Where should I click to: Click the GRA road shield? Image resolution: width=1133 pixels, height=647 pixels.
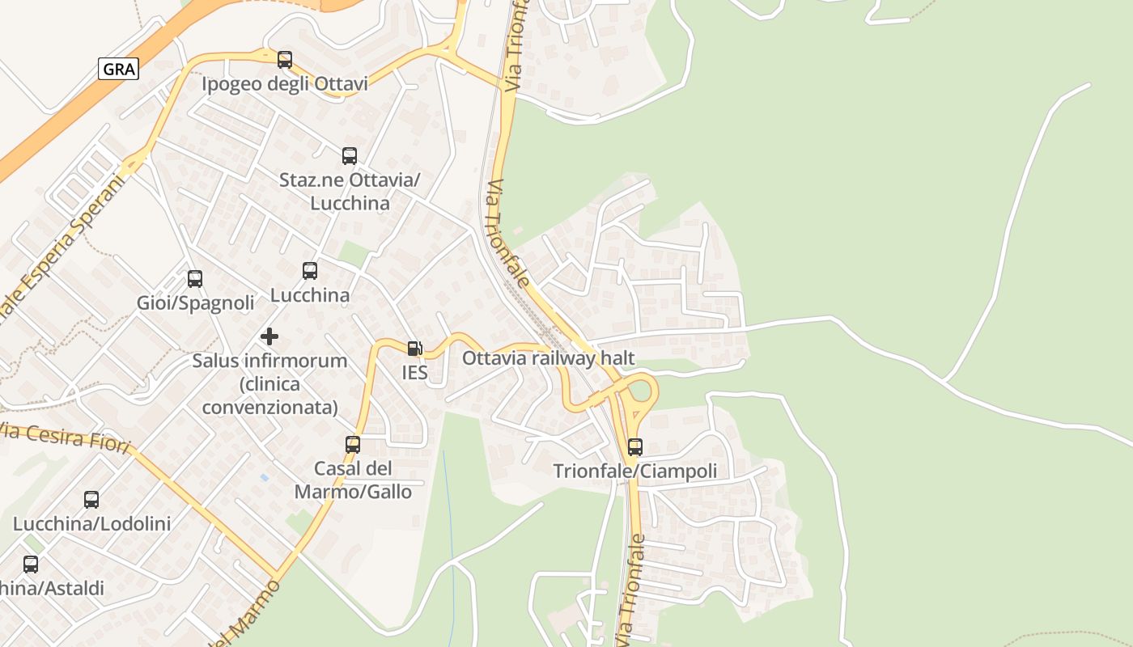pyautogui.click(x=119, y=69)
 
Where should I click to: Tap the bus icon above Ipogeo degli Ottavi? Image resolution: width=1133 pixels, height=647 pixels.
pyautogui.click(x=285, y=60)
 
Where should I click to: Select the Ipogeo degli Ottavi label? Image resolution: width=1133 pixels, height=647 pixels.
pyautogui.click(x=285, y=84)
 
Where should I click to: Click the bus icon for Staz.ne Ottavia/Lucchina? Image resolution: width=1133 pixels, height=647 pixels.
pyautogui.click(x=350, y=156)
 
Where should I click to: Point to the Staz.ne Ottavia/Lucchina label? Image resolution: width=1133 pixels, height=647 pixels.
pyautogui.click(x=350, y=191)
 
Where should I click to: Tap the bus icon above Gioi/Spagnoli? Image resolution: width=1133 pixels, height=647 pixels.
pyautogui.click(x=195, y=279)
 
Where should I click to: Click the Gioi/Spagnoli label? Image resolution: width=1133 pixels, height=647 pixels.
pyautogui.click(x=195, y=303)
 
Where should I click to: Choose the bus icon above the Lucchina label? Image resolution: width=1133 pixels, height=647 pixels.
pyautogui.click(x=310, y=271)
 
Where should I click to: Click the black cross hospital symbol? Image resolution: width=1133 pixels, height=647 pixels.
pyautogui.click(x=269, y=336)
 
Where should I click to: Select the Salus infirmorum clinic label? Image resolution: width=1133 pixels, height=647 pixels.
pyautogui.click(x=269, y=383)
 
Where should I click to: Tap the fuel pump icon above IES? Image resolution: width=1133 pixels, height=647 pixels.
pyautogui.click(x=414, y=349)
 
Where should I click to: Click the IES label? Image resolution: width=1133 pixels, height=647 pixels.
pyautogui.click(x=414, y=373)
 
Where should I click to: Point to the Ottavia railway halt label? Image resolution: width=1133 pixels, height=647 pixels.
pyautogui.click(x=548, y=357)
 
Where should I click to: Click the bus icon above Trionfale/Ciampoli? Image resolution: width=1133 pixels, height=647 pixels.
pyautogui.click(x=635, y=446)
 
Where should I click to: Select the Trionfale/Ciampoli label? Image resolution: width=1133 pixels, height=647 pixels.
pyautogui.click(x=635, y=471)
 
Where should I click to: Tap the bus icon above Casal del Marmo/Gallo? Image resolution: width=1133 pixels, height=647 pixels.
pyautogui.click(x=353, y=444)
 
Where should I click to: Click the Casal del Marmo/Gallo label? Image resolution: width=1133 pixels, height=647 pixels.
pyautogui.click(x=353, y=480)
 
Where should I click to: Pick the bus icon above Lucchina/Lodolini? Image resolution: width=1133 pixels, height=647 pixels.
pyautogui.click(x=91, y=500)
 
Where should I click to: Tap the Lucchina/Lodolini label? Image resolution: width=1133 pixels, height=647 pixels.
pyautogui.click(x=91, y=524)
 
